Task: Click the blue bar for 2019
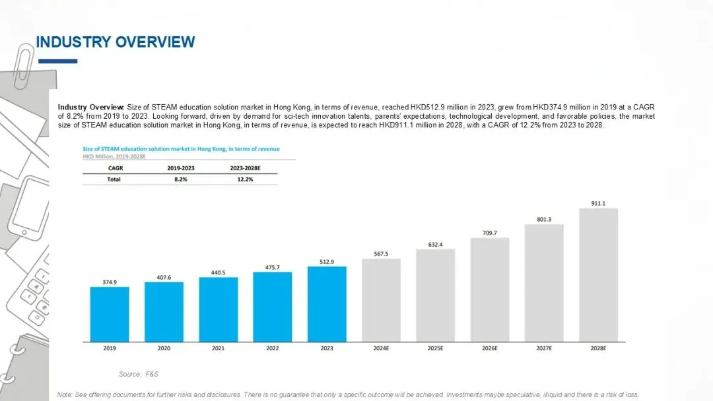pyautogui.click(x=110, y=314)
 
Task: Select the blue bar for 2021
pyautogui.click(x=219, y=310)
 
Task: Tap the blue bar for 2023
pyautogui.click(x=327, y=304)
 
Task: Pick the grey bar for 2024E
pyautogui.click(x=381, y=300)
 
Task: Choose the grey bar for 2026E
pyautogui.click(x=490, y=290)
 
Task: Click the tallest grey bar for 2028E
pyautogui.click(x=598, y=275)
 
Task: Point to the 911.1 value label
pyautogui.click(x=598, y=203)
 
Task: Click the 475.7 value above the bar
pyautogui.click(x=273, y=268)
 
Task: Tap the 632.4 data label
pyautogui.click(x=435, y=245)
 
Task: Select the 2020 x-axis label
pyautogui.click(x=164, y=348)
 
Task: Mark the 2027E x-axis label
pyautogui.click(x=544, y=348)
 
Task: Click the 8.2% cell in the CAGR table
pyautogui.click(x=180, y=179)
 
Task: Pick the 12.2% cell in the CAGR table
pyautogui.click(x=245, y=179)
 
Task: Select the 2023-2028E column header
pyautogui.click(x=245, y=168)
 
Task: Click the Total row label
pyautogui.click(x=114, y=179)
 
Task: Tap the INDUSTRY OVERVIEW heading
pyautogui.click(x=116, y=42)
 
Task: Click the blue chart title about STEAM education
pyautogui.click(x=181, y=149)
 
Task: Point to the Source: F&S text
pyautogui.click(x=139, y=374)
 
